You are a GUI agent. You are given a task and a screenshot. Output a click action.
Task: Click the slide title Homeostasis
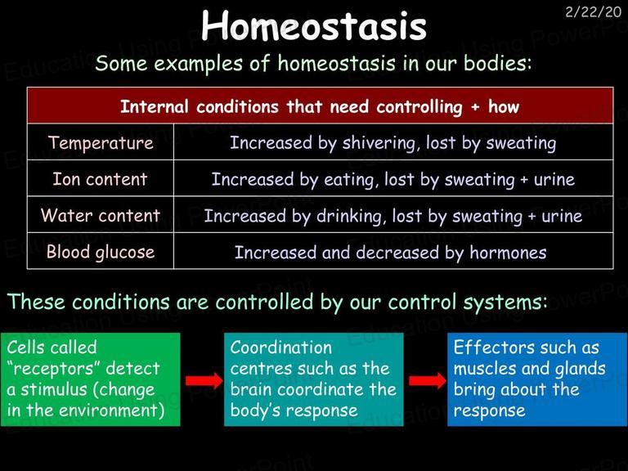[314, 25]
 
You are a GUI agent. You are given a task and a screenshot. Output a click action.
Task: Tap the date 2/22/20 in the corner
[593, 11]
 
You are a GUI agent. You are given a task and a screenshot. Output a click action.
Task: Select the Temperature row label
[101, 142]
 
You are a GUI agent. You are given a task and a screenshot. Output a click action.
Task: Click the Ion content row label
[100, 178]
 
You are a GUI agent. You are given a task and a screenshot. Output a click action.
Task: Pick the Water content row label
[101, 215]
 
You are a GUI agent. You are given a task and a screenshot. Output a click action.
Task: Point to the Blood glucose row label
[101, 252]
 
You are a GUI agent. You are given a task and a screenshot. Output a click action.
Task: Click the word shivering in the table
[379, 143]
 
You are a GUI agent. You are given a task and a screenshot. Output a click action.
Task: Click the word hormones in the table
[508, 253]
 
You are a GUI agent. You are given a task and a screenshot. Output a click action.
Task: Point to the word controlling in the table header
[419, 107]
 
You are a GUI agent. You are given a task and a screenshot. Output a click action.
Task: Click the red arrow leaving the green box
[204, 380]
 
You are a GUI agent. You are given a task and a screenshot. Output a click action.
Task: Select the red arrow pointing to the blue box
[428, 380]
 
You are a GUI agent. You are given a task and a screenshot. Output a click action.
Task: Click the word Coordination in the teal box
[280, 348]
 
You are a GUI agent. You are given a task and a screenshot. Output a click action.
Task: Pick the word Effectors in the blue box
[491, 347]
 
